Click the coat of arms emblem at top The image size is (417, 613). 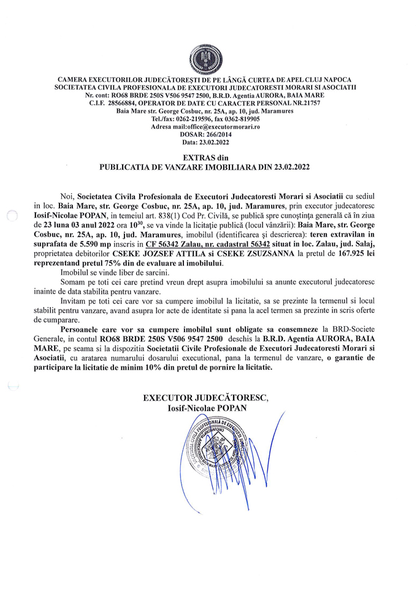click(x=208, y=59)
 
